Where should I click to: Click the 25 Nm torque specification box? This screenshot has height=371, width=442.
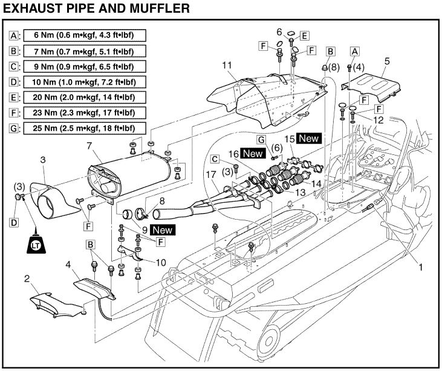click(x=85, y=128)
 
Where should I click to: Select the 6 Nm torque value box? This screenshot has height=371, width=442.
click(x=85, y=36)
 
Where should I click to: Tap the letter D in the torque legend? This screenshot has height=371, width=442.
click(x=13, y=82)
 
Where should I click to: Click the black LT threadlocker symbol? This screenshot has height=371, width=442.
click(x=36, y=245)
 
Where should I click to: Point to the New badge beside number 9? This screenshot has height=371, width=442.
click(x=163, y=230)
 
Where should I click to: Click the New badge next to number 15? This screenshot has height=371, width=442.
click(x=309, y=139)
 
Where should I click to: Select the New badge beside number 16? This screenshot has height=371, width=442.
click(x=253, y=154)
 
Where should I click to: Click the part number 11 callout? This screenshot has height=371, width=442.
click(x=227, y=65)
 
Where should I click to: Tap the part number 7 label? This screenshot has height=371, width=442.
click(x=89, y=146)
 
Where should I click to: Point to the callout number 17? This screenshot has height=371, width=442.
click(x=211, y=175)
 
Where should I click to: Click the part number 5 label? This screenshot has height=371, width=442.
click(x=387, y=61)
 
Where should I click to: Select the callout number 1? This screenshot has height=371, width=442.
click(x=421, y=267)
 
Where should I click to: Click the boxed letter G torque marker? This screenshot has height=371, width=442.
click(x=261, y=139)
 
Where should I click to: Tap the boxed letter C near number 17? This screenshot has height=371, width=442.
click(x=215, y=159)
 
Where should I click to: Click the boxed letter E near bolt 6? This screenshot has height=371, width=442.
click(x=304, y=36)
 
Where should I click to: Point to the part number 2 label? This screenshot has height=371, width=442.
click(x=27, y=279)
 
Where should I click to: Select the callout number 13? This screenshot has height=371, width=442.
click(x=301, y=192)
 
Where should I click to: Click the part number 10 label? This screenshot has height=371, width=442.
click(x=161, y=263)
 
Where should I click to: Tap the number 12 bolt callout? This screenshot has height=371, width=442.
click(x=379, y=120)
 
